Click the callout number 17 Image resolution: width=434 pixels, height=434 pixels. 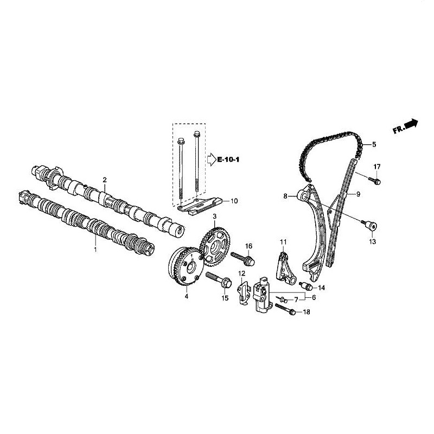point(377,167)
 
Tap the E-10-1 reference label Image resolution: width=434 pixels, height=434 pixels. point(228,159)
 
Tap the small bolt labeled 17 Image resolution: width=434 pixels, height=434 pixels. point(374,181)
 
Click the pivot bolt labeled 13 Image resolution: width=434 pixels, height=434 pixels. point(369,225)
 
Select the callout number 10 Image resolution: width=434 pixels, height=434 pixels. point(234,201)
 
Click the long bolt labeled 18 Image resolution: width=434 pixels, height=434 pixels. point(286,310)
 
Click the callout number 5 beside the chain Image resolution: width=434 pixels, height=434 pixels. point(374,144)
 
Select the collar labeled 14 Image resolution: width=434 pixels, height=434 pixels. point(306,286)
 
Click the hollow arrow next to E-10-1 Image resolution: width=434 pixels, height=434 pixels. point(212,160)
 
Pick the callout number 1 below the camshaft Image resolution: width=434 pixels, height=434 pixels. point(95,250)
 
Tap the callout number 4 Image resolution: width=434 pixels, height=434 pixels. point(187,297)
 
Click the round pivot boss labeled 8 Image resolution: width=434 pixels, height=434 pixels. point(303,196)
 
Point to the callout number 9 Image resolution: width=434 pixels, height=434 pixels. point(358,194)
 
